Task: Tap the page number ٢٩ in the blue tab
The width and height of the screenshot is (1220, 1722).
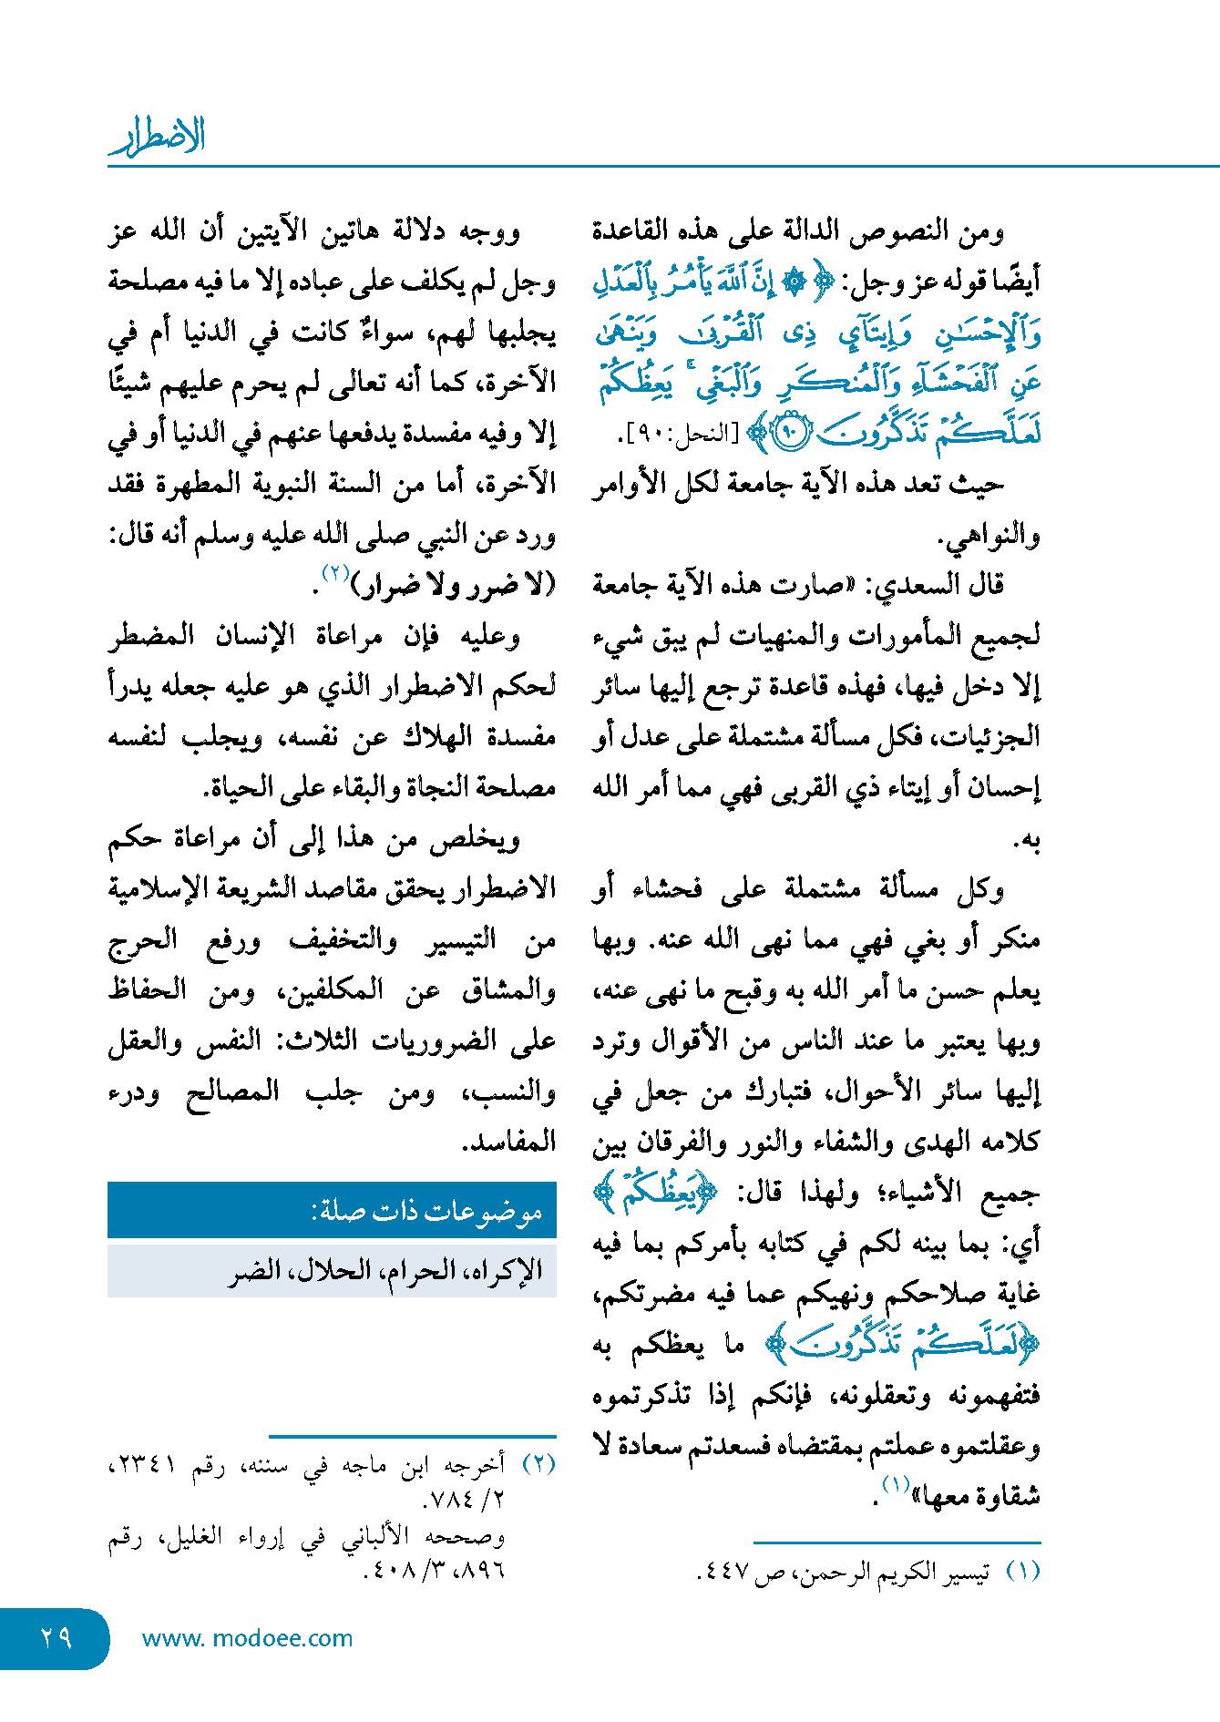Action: (56, 1638)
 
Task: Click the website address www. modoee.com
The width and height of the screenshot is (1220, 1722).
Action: (247, 1638)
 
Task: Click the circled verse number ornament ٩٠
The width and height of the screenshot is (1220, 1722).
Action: (789, 434)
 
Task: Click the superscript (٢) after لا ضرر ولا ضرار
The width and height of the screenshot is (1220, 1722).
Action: (336, 574)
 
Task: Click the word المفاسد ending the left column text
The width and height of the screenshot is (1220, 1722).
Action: (509, 1142)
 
